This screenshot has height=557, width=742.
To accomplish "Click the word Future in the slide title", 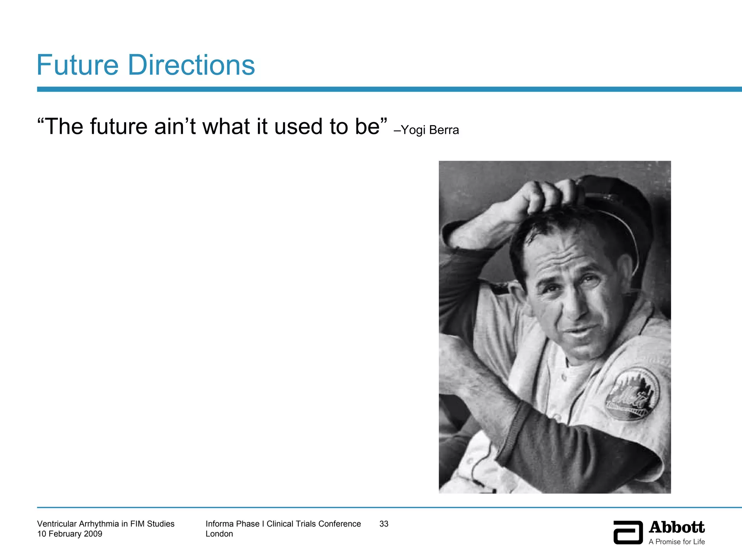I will point(78,65).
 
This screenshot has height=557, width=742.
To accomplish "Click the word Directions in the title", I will point(191,65).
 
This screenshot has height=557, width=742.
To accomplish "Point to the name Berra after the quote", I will point(444,130).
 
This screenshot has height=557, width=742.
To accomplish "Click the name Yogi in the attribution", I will point(413,130).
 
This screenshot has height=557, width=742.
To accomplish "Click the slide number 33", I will point(384,524).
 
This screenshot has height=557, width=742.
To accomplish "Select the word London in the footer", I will point(219,534).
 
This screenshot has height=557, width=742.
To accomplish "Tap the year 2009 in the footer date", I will point(93,534).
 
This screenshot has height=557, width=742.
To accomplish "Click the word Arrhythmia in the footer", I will point(99,524).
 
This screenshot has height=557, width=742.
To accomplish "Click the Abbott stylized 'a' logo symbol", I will point(628,532).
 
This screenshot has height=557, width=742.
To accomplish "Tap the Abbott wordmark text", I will point(676,527).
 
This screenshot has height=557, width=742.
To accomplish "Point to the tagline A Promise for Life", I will point(676,542).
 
